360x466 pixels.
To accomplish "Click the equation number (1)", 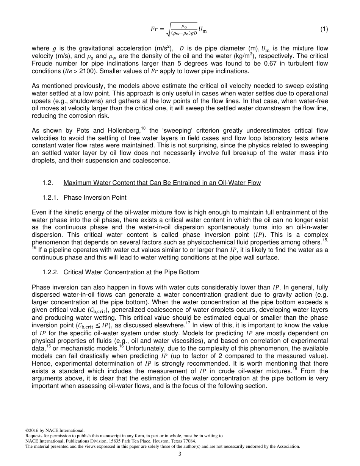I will point(324,30).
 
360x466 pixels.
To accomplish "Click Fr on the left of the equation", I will point(153,30).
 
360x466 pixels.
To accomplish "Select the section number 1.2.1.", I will point(50,197).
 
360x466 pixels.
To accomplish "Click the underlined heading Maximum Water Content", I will point(162,183).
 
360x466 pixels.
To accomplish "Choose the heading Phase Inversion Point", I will point(95,197).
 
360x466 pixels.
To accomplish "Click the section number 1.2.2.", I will point(50,272).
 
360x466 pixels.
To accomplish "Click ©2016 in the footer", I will point(32,430).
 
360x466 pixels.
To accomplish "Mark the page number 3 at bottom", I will point(180,454).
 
